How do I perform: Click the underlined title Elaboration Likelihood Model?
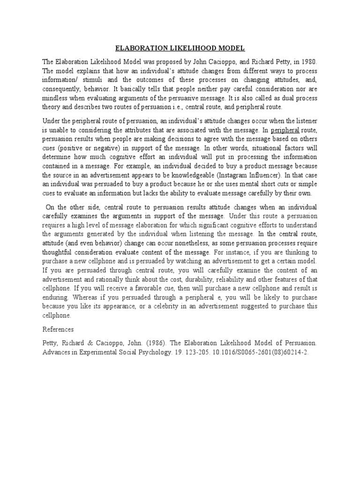coord(180,48)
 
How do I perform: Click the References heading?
coord(58,330)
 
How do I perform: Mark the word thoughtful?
coord(59,252)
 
